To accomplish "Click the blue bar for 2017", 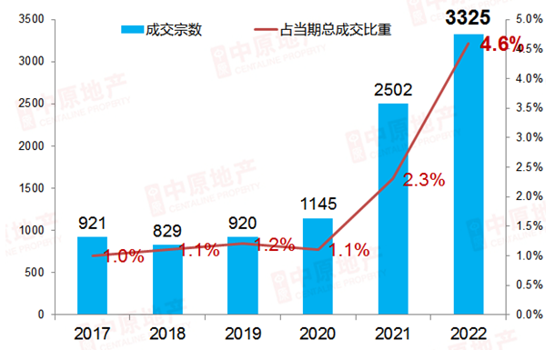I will tap(92, 275).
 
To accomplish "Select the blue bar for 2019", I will tap(242, 275).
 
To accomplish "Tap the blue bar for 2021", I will tap(393, 209).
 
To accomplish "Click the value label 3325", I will tap(468, 15).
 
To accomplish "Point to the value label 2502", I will tap(393, 89).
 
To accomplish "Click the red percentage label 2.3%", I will tap(424, 180).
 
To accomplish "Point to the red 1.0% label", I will tap(124, 256).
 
